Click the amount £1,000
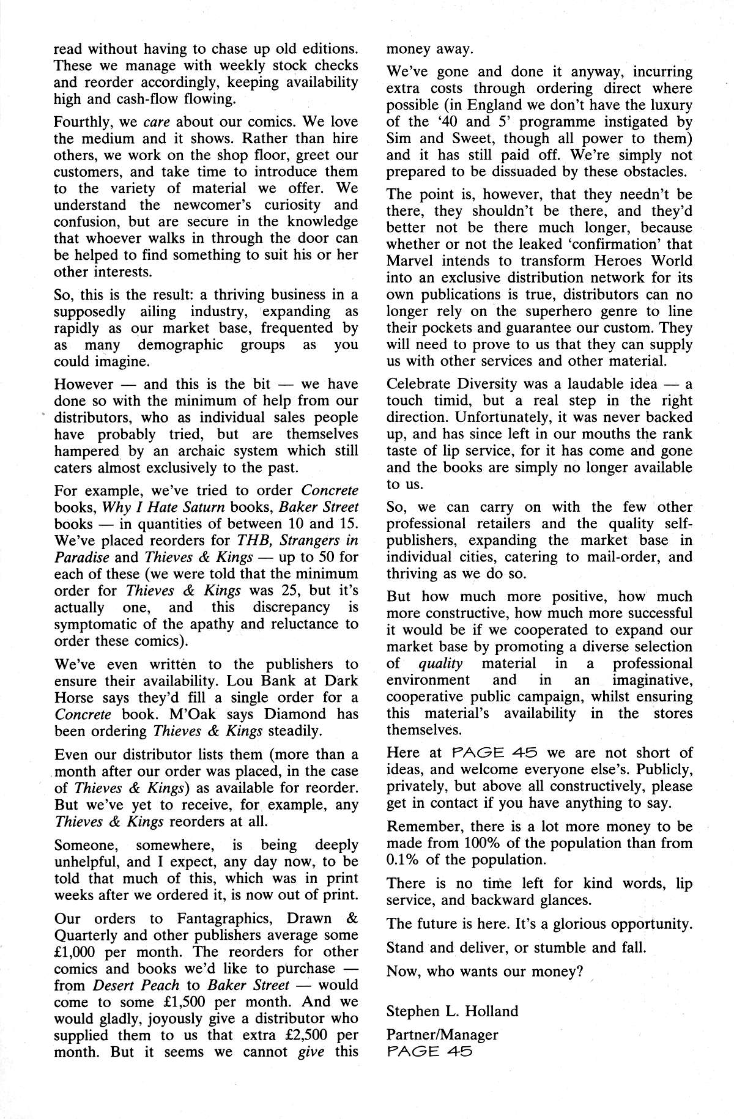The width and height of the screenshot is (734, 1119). pyautogui.click(x=80, y=951)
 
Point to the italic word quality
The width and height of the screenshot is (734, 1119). pyautogui.click(x=440, y=663)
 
